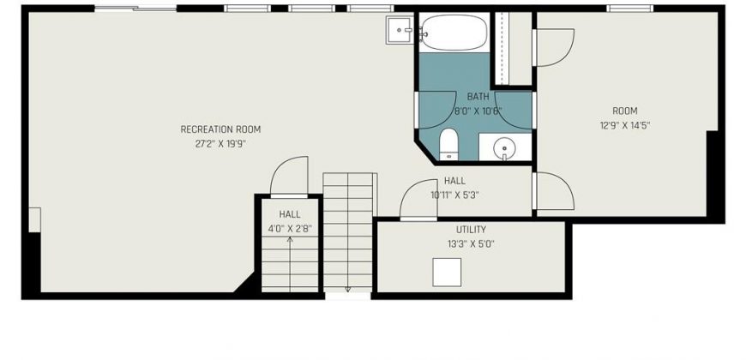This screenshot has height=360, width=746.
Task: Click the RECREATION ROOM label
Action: (x=220, y=129)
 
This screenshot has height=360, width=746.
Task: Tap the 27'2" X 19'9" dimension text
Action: (x=220, y=144)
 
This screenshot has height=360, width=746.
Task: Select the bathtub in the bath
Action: (x=454, y=32)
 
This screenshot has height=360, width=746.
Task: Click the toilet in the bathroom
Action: (x=448, y=145)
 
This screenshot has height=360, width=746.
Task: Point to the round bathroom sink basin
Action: (x=504, y=148)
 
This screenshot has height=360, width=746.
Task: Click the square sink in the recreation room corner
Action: (x=400, y=29)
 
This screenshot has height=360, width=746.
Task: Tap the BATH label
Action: (x=478, y=97)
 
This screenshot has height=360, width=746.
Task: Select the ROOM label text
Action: (x=625, y=111)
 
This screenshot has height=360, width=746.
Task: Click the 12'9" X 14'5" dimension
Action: (x=625, y=125)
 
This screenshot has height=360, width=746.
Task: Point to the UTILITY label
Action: (x=471, y=230)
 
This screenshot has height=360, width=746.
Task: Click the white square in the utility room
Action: (x=447, y=272)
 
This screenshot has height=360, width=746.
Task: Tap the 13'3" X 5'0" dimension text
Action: (x=471, y=244)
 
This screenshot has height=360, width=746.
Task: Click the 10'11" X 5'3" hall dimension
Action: (x=454, y=195)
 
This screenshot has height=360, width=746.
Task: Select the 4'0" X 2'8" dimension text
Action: (x=290, y=229)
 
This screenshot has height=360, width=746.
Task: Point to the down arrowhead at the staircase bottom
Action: (x=348, y=289)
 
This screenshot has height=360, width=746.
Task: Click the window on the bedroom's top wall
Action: (x=629, y=8)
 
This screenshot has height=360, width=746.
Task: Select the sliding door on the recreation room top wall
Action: (x=135, y=8)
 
